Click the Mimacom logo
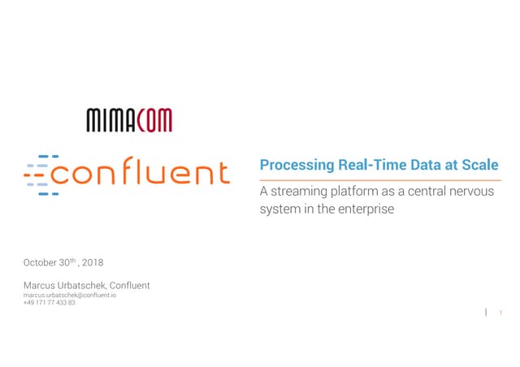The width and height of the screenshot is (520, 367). pyautogui.click(x=129, y=121)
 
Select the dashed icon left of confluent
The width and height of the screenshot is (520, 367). pyautogui.click(x=39, y=174)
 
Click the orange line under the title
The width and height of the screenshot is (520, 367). pyautogui.click(x=379, y=180)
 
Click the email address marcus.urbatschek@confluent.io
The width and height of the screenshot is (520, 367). pyautogui.click(x=70, y=295)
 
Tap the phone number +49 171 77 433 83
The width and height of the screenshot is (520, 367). pyautogui.click(x=50, y=302)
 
